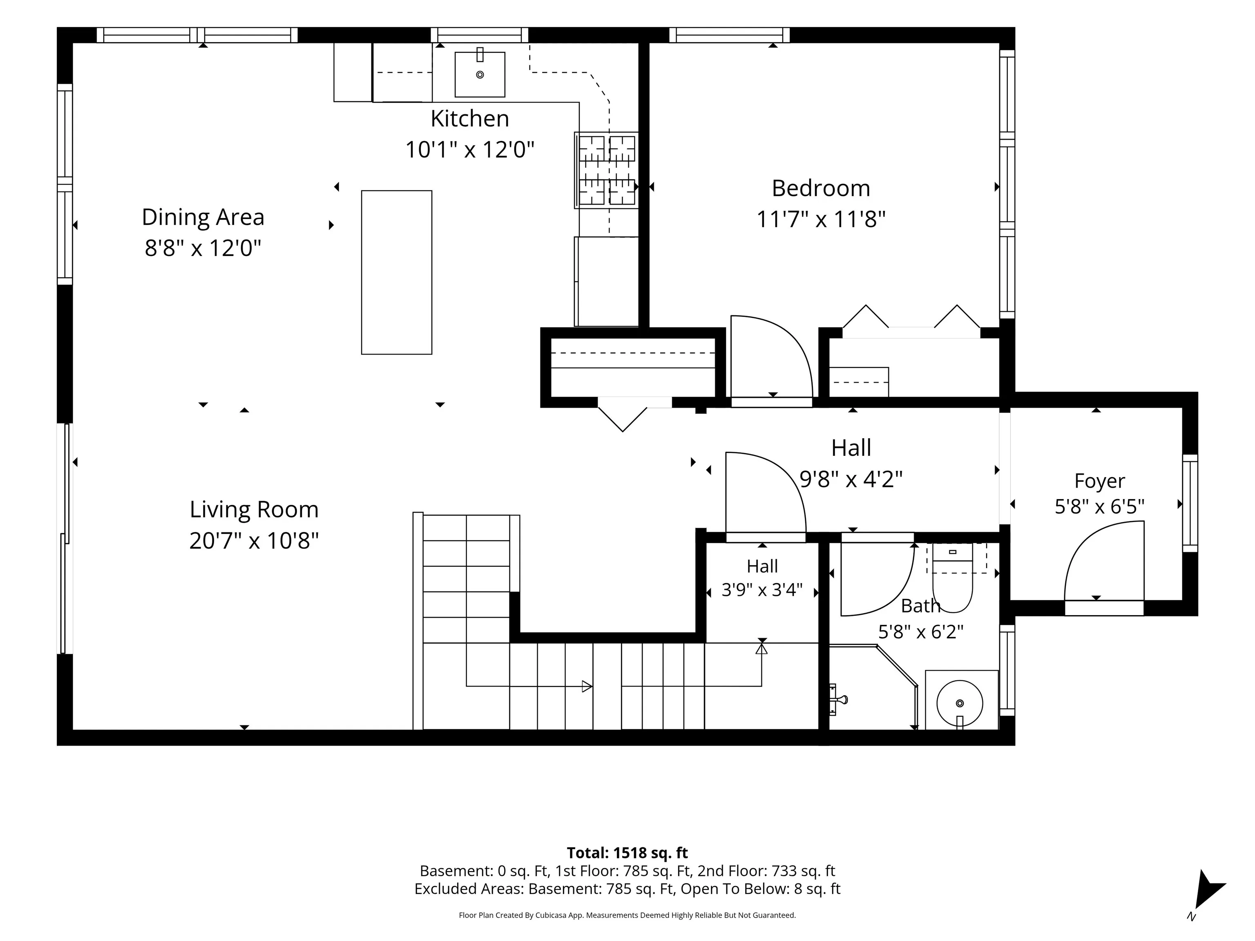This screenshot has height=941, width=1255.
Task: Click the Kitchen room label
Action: point(470,118)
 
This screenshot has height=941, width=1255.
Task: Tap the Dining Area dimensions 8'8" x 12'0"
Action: point(203,248)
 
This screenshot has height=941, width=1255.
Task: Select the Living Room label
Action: point(254,509)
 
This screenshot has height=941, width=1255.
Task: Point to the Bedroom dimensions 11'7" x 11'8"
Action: point(821,219)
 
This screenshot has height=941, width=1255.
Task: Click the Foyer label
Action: point(1099,481)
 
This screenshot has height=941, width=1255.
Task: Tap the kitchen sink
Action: point(480,74)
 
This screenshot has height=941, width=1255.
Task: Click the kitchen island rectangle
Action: point(397,272)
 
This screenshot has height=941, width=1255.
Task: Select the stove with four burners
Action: point(607,170)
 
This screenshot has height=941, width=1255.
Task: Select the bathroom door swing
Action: point(877,579)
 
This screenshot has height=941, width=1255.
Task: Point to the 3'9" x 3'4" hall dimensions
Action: point(762,590)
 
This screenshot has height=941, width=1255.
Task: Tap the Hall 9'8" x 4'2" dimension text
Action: point(851,479)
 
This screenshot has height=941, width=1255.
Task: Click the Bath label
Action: point(920,606)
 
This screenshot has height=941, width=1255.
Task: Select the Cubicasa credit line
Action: point(627,915)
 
